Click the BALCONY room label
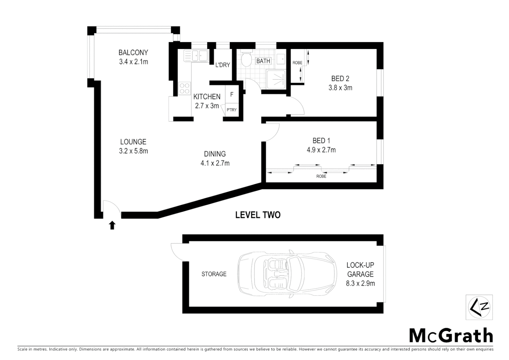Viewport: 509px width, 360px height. tap(133, 53)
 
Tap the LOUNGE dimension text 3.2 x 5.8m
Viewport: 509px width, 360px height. tap(133, 151)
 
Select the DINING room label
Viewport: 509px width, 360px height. tap(215, 154)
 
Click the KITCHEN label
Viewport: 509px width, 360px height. tap(207, 97)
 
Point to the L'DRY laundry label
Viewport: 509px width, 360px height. tap(223, 65)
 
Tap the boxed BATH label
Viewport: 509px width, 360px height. tap(263, 61)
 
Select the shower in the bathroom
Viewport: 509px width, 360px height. tap(276, 80)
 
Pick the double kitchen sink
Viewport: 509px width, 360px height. tap(196, 56)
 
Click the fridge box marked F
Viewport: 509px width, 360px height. tap(232, 95)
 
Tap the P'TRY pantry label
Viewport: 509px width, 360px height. tap(231, 110)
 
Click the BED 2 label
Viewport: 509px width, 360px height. tap(340, 79)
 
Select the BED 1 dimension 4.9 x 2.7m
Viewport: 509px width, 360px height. tap(321, 150)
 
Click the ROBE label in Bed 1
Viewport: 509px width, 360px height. tap(321, 176)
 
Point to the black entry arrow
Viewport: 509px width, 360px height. tap(112, 225)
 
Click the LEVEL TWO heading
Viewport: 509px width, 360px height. tap(258, 215)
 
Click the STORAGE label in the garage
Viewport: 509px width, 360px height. tap(214, 274)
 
